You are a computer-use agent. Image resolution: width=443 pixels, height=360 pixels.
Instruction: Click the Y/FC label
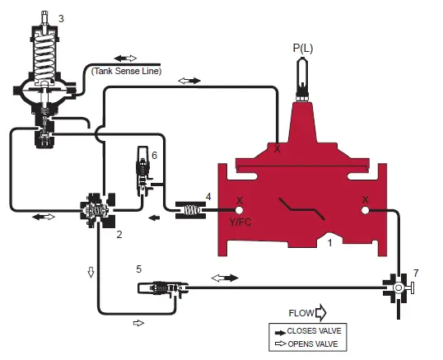click(x=240, y=221)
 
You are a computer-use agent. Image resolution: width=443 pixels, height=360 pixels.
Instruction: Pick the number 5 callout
click(x=138, y=269)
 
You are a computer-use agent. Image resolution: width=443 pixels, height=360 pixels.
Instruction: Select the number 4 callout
click(x=208, y=196)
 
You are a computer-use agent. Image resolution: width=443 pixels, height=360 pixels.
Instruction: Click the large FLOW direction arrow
click(x=320, y=313)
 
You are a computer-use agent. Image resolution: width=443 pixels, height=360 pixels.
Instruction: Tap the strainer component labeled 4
click(x=190, y=211)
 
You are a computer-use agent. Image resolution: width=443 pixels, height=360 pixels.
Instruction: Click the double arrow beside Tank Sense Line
click(x=126, y=58)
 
